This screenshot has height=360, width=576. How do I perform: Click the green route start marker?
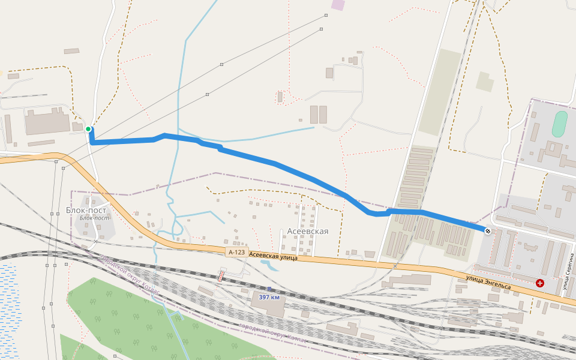pos(88,129)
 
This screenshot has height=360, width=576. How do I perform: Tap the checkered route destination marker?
pos(488,231)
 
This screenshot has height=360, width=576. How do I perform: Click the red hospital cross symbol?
pos(540,283)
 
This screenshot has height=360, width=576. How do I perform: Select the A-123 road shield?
pos(237,253)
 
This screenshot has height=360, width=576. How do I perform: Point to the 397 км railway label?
pos(269,297)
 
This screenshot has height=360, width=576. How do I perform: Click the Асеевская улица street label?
pos(273,257)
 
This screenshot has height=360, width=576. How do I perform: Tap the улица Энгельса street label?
pos(488,281)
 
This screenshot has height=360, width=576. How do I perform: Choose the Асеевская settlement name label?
pos(308,231)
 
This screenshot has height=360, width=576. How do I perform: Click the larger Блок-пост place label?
pos(86,210)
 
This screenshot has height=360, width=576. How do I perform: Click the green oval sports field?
pos(559,124)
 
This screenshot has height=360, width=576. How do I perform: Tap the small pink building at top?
pos(338,5)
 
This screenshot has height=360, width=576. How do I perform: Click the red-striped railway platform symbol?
pos(221,276)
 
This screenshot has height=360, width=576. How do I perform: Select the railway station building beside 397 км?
pos(268,305)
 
